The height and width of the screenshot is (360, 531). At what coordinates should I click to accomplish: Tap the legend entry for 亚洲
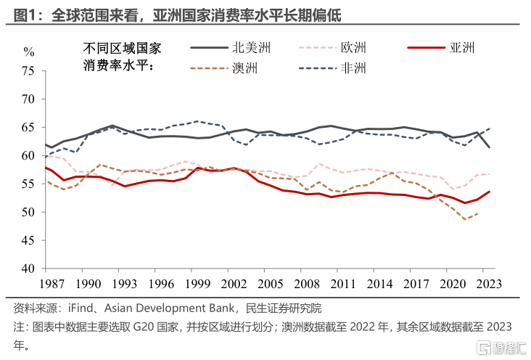[445, 48]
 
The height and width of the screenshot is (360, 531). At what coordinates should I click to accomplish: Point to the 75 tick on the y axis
[28, 71]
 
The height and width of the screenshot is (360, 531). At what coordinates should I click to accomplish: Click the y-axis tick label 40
[28, 269]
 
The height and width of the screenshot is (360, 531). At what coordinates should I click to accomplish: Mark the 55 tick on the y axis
[28, 184]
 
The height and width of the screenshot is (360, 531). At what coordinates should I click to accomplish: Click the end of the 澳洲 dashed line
[477, 213]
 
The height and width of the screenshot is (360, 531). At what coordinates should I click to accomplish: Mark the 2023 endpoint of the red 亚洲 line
[490, 192]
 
